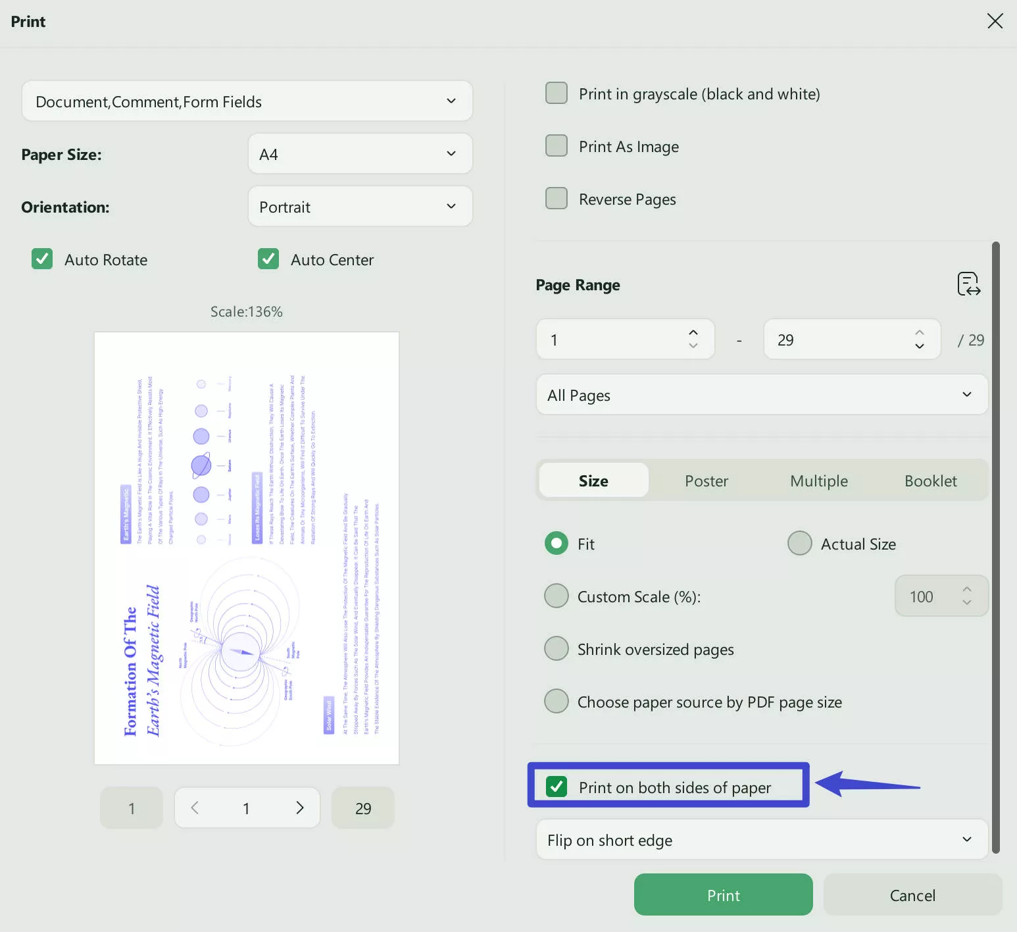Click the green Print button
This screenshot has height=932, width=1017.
[723, 894]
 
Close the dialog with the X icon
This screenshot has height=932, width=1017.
[995, 21]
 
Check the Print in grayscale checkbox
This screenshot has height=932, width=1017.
[557, 93]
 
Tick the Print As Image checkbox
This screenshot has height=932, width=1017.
[557, 146]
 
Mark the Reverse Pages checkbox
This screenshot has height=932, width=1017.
[557, 199]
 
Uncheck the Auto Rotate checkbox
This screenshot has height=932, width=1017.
[42, 259]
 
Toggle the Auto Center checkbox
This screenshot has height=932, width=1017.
[268, 259]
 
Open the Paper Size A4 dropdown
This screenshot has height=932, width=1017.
[360, 154]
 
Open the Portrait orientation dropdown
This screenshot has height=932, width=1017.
[360, 207]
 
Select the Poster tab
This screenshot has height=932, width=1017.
[706, 480]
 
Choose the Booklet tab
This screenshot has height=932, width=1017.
[930, 480]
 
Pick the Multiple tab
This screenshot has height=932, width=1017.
[818, 480]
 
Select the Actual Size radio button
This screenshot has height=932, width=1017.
[800, 544]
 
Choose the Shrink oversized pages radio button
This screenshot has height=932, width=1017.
[557, 649]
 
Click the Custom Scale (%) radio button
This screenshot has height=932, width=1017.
[557, 596]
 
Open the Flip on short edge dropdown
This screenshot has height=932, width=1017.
[762, 840]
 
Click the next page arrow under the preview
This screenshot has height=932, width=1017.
[300, 808]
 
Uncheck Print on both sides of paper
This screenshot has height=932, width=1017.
[557, 787]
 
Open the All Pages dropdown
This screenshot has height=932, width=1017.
[762, 395]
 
